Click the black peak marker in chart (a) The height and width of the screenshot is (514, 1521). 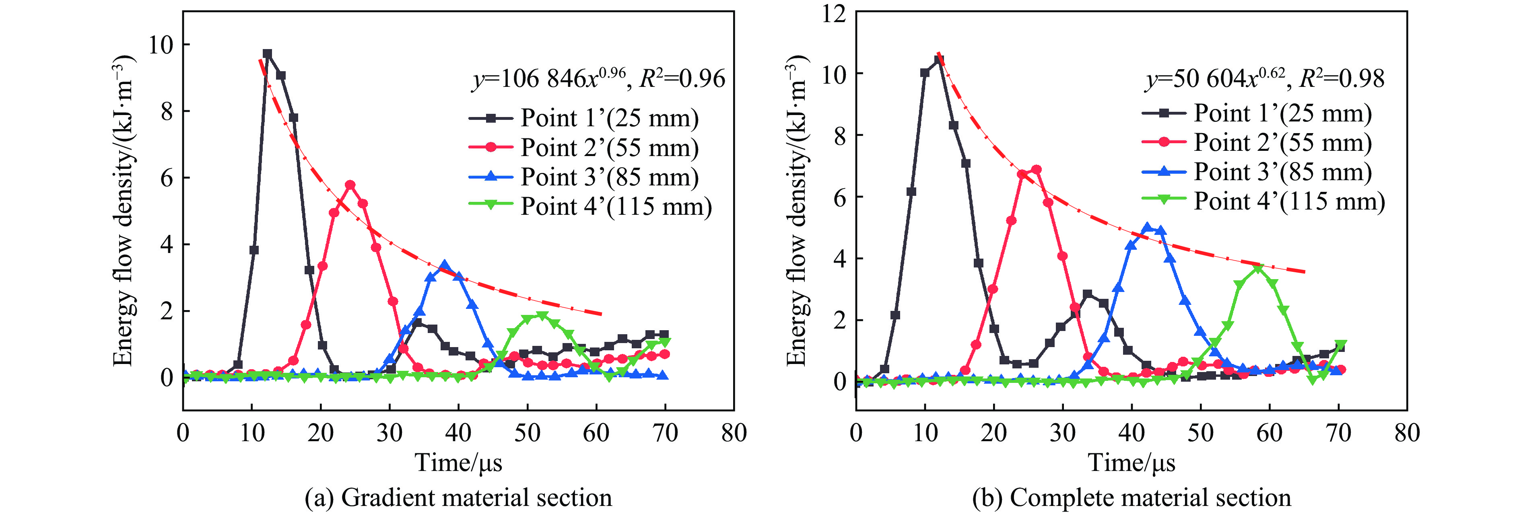pos(267,54)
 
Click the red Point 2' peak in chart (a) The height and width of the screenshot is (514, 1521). pos(350,185)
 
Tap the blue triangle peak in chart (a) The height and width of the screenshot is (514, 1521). pos(445,265)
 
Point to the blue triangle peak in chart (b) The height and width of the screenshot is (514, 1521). pos(1147,227)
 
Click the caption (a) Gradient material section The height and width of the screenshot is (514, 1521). pos(458,498)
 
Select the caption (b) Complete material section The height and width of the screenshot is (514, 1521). pos(1131,498)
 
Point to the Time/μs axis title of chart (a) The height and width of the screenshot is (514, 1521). pos(458,463)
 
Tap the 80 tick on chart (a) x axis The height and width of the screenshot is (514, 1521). pos(734,433)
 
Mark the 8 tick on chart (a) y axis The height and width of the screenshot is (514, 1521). pos(167,111)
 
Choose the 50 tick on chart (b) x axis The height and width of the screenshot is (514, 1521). pos(1200,433)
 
